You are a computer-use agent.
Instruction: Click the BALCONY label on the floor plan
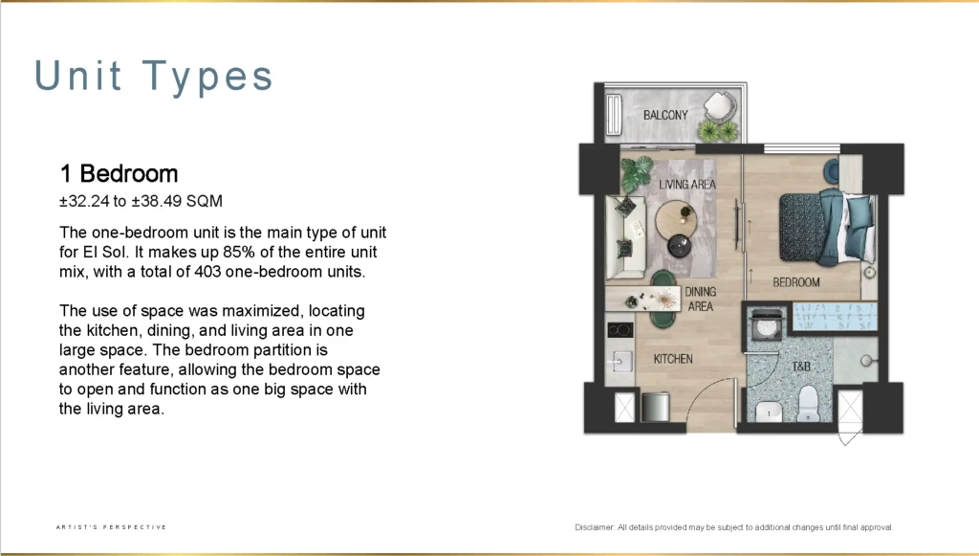pyautogui.click(x=665, y=115)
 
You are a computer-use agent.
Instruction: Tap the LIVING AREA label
pyautogui.click(x=687, y=185)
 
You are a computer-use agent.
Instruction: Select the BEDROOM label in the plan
pyautogui.click(x=796, y=282)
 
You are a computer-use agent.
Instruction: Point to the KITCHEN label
pyautogui.click(x=673, y=359)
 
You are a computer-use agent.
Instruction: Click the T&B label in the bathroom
pyautogui.click(x=801, y=367)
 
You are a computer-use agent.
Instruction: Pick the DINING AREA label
pyautogui.click(x=701, y=299)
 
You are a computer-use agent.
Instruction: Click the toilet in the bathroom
pyautogui.click(x=808, y=404)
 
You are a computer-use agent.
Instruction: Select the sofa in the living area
pyautogui.click(x=625, y=236)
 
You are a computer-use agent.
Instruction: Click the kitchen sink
pyautogui.click(x=619, y=362)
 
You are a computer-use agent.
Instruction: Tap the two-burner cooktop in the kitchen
pyautogui.click(x=620, y=330)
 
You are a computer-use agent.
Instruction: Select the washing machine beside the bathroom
pyautogui.click(x=766, y=324)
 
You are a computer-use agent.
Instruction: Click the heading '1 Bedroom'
pyautogui.click(x=119, y=173)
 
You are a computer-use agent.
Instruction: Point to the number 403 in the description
pyautogui.click(x=207, y=272)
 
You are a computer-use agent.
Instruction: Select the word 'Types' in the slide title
pyautogui.click(x=207, y=77)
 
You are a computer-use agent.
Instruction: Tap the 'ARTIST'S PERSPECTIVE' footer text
pyautogui.click(x=111, y=527)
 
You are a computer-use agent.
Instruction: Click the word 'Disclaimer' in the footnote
pyautogui.click(x=595, y=527)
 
